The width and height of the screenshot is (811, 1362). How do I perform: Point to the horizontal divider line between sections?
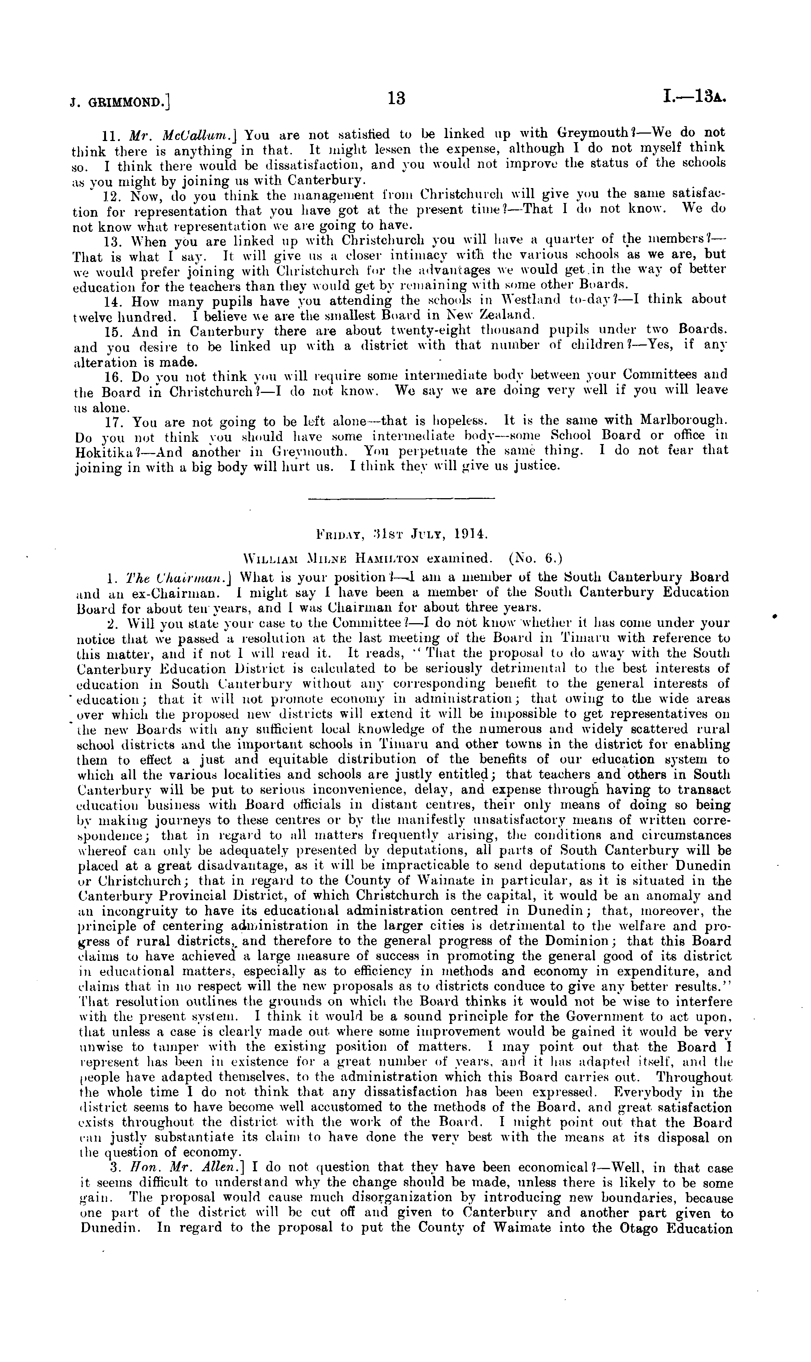(x=402, y=498)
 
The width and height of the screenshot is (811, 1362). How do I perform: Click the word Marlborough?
(x=683, y=420)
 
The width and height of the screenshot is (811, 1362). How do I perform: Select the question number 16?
(x=112, y=376)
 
